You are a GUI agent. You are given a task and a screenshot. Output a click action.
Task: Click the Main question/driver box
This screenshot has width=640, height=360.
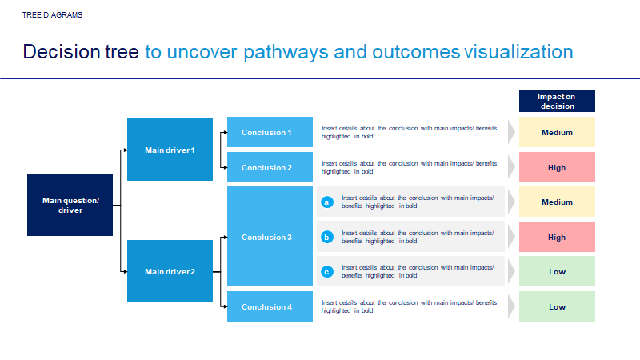tap(70, 205)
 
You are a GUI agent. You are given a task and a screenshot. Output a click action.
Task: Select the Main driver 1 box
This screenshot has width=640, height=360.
tap(170, 150)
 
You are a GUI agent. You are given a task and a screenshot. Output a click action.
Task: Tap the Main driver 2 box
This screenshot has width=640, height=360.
tap(170, 271)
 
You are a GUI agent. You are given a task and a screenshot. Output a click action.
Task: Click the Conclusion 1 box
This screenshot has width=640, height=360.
tap(270, 132)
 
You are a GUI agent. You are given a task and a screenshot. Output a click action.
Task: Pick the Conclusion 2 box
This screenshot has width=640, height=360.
tap(270, 167)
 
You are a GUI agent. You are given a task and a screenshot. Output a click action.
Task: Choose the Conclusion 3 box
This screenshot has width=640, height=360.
tap(270, 237)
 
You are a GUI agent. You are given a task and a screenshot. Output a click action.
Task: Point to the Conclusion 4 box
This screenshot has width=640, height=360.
tap(270, 306)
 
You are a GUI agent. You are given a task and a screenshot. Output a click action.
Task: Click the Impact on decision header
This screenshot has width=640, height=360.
tap(557, 101)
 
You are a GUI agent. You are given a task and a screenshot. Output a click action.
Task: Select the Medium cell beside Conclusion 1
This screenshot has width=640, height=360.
tap(557, 132)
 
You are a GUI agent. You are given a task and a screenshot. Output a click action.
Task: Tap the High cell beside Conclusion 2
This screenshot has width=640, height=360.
tap(557, 167)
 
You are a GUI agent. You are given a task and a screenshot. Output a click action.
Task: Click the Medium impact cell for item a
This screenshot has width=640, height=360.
tap(557, 202)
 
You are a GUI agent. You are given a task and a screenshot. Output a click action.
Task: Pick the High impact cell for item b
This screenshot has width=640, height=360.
tap(557, 237)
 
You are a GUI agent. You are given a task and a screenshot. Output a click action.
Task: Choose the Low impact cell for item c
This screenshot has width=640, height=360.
tap(557, 271)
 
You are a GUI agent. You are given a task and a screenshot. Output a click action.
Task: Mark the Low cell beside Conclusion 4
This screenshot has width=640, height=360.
tap(557, 306)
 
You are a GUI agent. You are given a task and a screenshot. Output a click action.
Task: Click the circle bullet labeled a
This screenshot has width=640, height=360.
tap(326, 202)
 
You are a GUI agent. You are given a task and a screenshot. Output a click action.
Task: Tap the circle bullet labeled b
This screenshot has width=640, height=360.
tap(326, 237)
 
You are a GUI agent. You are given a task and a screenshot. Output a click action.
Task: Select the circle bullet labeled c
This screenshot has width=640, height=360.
tap(326, 272)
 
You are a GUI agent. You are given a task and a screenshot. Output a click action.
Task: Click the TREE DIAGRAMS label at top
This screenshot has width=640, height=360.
tap(52, 15)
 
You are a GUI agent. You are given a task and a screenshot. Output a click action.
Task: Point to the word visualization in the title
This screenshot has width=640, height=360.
tap(518, 52)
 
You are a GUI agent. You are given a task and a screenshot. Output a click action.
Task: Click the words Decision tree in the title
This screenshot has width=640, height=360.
tap(82, 52)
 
